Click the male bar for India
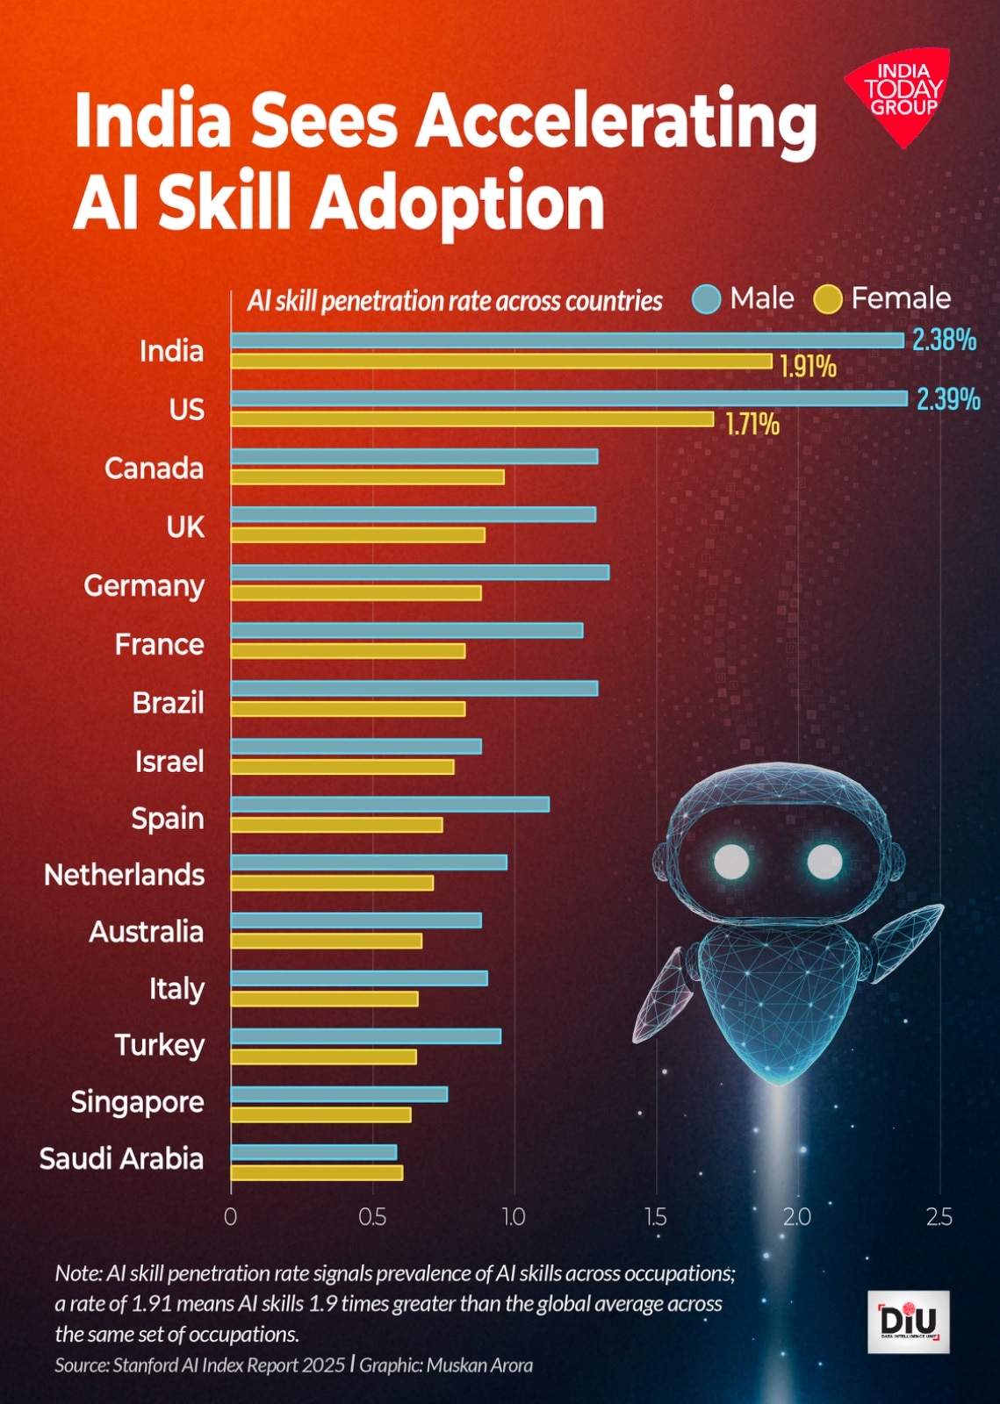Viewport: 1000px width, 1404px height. click(x=567, y=340)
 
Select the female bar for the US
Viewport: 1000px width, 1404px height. click(x=472, y=419)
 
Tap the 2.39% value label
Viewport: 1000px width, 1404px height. click(x=948, y=399)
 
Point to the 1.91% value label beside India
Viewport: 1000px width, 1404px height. click(x=808, y=366)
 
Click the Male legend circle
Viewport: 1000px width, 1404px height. click(x=706, y=299)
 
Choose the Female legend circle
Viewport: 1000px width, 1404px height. click(x=828, y=299)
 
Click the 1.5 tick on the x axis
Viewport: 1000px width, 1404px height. click(x=656, y=1217)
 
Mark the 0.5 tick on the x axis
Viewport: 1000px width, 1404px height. click(x=372, y=1217)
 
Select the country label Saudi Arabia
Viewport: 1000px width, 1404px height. click(x=121, y=1158)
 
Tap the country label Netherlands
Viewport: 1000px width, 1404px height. click(x=124, y=875)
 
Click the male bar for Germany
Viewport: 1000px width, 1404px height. click(x=420, y=572)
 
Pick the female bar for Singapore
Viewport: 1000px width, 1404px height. click(x=320, y=1114)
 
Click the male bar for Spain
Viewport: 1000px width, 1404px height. click(x=390, y=804)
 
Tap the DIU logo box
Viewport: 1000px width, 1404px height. click(x=908, y=1322)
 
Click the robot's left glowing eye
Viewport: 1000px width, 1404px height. click(x=730, y=862)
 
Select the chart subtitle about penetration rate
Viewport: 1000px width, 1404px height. click(x=454, y=301)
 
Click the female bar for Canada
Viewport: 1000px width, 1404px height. click(x=367, y=477)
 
